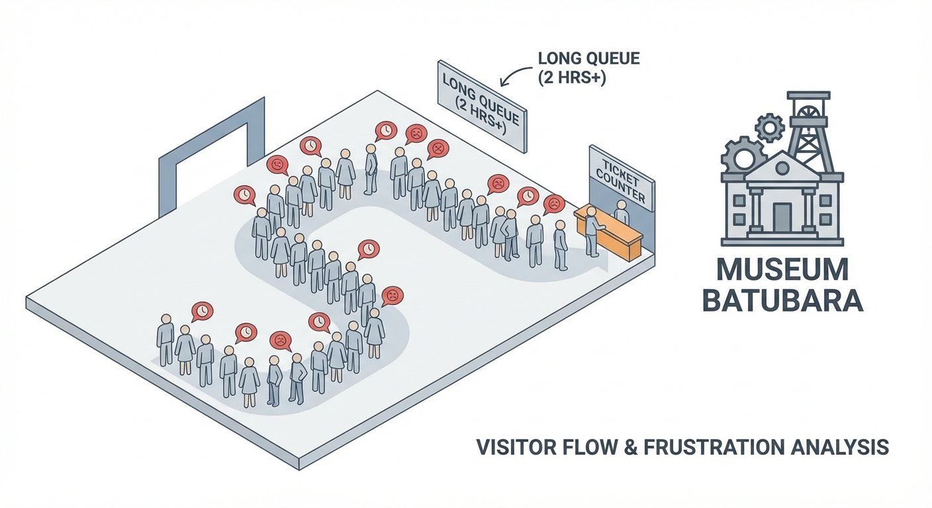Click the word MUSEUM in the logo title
point(782,271)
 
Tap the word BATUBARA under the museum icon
point(782,300)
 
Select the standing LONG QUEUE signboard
point(483,106)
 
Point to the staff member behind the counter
point(621,213)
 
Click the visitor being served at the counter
point(591,231)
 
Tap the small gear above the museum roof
point(769,127)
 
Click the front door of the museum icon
point(782,216)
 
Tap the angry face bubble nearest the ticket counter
point(553,204)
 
